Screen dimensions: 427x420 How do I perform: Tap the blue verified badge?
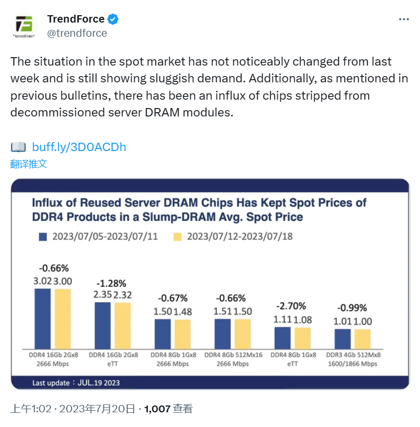click(x=113, y=19)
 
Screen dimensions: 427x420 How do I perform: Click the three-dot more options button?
click(x=404, y=19)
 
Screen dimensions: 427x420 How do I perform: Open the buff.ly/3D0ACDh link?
click(x=79, y=147)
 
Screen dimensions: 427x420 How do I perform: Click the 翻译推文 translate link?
click(x=29, y=164)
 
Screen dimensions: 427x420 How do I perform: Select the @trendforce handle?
click(x=77, y=33)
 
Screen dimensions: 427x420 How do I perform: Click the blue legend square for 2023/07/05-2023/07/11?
click(x=43, y=237)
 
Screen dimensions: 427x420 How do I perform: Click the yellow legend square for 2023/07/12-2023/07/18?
click(x=178, y=237)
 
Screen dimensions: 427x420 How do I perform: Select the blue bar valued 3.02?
click(x=42, y=318)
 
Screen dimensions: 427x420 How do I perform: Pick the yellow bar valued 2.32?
click(x=123, y=325)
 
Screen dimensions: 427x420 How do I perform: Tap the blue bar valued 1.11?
click(x=282, y=338)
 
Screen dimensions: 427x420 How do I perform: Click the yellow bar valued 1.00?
click(x=362, y=339)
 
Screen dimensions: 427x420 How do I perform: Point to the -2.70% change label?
click(x=292, y=306)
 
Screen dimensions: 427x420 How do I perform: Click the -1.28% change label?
click(x=112, y=283)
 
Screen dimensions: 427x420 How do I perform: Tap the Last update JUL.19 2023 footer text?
click(x=76, y=383)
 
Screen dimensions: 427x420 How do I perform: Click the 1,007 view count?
click(x=157, y=409)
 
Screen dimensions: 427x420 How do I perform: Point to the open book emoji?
click(x=18, y=147)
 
